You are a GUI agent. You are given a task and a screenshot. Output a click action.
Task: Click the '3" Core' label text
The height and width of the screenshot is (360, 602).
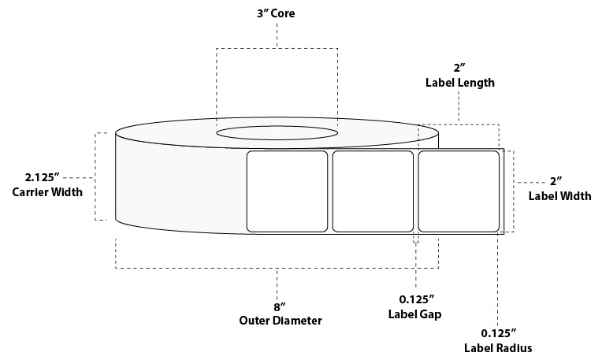tap(276, 13)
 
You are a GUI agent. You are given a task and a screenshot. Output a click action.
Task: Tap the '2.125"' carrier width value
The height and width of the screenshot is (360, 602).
tap(43, 177)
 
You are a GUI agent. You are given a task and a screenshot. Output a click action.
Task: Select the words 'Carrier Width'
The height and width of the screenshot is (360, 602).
tap(47, 192)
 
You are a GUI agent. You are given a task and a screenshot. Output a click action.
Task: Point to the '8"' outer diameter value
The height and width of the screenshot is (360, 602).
tap(280, 307)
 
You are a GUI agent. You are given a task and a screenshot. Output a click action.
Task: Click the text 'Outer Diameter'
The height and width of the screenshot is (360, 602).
tap(281, 321)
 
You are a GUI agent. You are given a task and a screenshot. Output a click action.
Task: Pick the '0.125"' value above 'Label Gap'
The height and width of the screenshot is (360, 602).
tap(417, 299)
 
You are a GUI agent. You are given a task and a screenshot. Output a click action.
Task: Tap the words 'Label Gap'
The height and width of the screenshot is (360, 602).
tap(414, 314)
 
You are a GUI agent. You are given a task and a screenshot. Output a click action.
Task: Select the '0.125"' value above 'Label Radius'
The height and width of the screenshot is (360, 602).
tap(499, 332)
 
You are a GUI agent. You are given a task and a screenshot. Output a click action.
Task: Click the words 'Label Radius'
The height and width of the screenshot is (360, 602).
tap(498, 348)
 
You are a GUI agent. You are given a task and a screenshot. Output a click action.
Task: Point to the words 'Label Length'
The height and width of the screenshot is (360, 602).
tap(460, 83)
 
